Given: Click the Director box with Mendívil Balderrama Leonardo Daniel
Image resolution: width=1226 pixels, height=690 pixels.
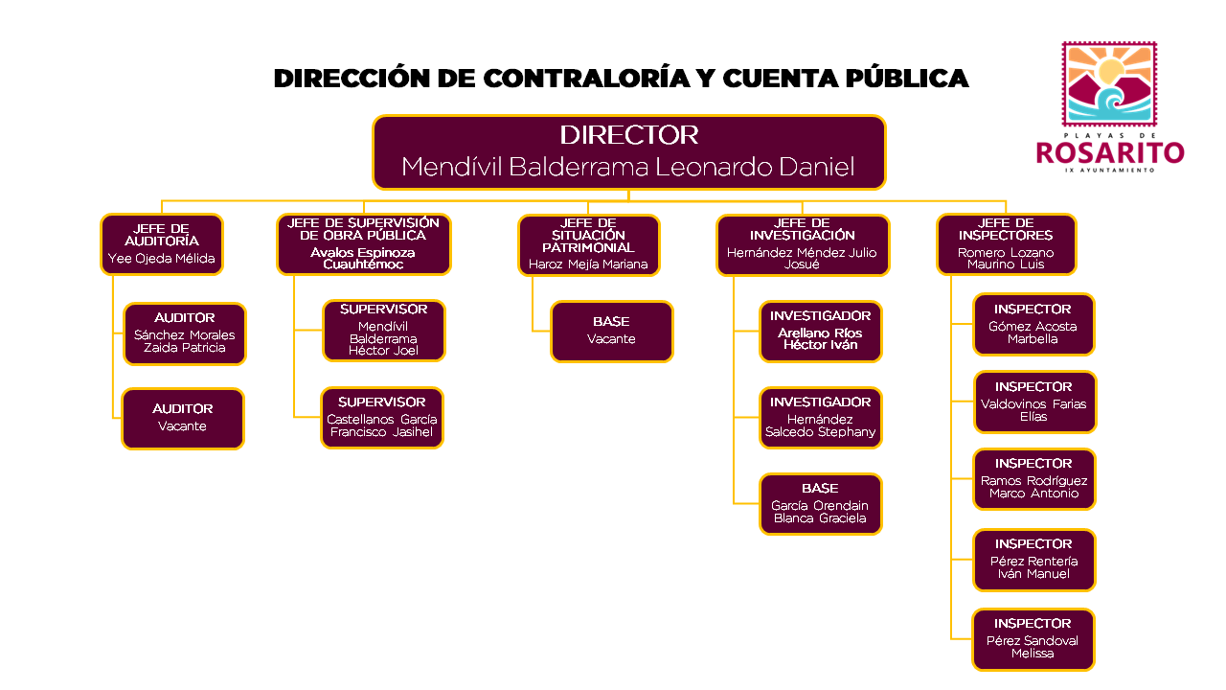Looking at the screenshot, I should pos(628,151).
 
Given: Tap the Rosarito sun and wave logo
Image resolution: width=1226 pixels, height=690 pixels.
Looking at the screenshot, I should pos(1109,85).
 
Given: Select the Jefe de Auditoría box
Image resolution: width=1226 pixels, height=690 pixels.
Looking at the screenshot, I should pos(162,244).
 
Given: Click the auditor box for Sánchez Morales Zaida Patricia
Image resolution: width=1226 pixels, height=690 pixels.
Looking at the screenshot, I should pos(185,333).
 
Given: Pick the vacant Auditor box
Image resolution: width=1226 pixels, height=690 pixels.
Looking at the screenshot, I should pos(183,418).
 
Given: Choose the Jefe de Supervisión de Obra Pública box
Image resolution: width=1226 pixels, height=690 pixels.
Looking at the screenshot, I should pos(363,244).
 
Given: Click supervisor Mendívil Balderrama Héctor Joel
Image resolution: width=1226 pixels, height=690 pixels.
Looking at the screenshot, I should pos(383,331).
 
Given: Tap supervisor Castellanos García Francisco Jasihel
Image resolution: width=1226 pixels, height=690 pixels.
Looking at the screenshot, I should pos(382,417).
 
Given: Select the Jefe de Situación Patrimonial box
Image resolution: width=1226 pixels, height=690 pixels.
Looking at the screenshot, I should pos(588,245).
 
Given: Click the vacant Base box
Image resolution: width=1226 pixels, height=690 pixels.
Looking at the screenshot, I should pos(611,332).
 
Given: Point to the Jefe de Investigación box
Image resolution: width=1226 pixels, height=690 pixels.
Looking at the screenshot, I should pos(803,245).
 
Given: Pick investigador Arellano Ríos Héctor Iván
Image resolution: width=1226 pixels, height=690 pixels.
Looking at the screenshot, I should pos(820,332).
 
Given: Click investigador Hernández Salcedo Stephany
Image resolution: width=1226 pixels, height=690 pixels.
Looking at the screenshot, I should pos(820,418).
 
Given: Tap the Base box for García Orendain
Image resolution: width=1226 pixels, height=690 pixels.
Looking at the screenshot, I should pos(820,504).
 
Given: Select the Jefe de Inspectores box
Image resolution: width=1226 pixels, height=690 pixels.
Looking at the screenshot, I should pos(1006,244).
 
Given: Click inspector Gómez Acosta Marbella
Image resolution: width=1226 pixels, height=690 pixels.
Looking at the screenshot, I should pos(1033,325).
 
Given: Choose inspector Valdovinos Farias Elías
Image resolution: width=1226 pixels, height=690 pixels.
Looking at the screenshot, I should pos(1033,402).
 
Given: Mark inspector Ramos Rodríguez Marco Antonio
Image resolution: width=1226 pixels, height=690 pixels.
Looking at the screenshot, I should pos(1033,479).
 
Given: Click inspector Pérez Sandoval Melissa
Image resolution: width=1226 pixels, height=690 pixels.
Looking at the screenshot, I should pos(1033,639).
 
